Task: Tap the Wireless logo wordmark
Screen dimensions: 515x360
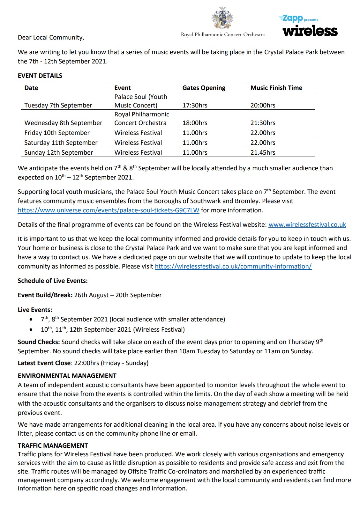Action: point(310,31)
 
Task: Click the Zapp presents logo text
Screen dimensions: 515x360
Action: point(298,19)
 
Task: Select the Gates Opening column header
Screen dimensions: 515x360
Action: point(204,88)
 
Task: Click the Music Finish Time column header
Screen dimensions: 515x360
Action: point(276,88)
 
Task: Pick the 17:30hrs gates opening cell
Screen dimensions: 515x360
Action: point(195,105)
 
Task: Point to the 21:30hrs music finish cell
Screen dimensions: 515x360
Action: point(263,123)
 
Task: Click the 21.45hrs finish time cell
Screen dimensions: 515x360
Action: point(263,152)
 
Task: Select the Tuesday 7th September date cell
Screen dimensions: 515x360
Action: point(58,105)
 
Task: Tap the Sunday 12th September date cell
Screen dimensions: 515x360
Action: point(58,152)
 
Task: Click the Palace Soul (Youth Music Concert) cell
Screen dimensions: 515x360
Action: point(141,101)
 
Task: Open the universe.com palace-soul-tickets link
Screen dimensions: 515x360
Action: point(109,210)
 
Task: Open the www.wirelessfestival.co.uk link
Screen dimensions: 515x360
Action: point(307,224)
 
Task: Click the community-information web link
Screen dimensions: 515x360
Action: point(233,266)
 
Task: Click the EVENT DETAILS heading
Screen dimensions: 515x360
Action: point(40,76)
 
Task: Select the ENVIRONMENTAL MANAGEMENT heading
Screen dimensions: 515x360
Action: point(67,376)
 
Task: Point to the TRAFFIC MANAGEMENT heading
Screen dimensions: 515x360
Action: point(53,445)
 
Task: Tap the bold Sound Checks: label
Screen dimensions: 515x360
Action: point(39,342)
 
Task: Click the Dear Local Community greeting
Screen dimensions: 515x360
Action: point(51,37)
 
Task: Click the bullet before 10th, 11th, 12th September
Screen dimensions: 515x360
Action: point(31,330)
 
